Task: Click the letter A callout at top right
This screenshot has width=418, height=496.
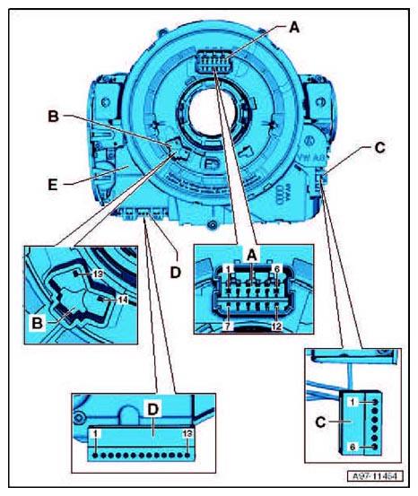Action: tap(294, 28)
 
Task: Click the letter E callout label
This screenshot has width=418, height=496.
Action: tap(53, 185)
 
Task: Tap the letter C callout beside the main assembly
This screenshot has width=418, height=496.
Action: tap(379, 148)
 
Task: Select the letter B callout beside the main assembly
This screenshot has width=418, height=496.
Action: tap(54, 117)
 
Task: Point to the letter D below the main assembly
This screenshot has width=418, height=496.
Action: tap(175, 272)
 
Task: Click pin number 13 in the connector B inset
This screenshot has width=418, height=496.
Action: tap(99, 274)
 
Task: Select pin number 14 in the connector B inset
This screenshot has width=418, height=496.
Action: tap(123, 299)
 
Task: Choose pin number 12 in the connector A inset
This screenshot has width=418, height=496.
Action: tap(276, 326)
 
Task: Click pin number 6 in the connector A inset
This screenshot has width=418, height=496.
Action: tap(277, 269)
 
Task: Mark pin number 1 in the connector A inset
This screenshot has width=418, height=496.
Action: tap(229, 269)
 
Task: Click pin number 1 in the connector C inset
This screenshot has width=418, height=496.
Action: tap(353, 402)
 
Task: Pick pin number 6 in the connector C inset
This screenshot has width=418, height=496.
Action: tap(353, 447)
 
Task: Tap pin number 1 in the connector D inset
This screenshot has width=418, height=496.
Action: tap(96, 434)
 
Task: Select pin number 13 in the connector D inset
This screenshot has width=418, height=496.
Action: tap(187, 434)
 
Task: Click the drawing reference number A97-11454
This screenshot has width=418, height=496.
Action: tap(375, 475)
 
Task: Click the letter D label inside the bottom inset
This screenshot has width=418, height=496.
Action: tap(152, 410)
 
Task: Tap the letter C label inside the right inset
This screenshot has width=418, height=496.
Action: tap(321, 422)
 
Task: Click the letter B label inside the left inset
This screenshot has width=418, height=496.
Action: tap(38, 323)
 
